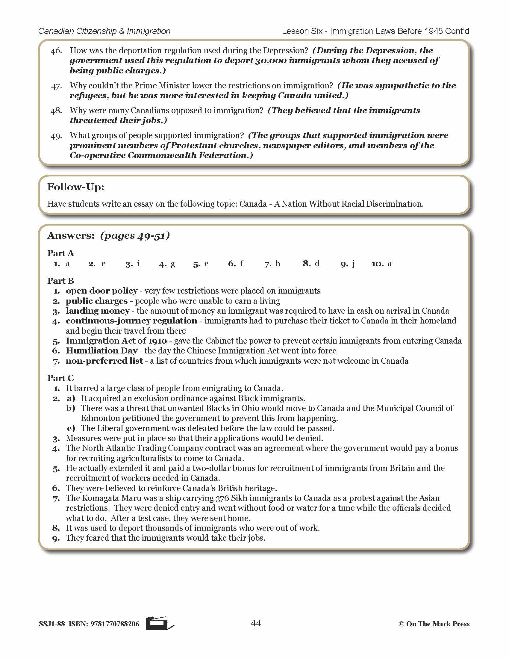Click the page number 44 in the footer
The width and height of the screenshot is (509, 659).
pos(256,623)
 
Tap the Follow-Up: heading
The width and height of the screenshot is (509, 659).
pos(76,187)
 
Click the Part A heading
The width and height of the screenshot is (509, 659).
pos(60,253)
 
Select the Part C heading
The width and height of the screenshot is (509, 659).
pos(60,378)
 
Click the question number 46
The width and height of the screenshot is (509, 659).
pos(56,51)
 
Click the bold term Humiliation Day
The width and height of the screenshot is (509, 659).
pos(102,351)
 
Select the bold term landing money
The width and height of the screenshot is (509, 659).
pos(98,311)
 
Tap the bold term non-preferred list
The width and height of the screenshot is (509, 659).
pos(104,361)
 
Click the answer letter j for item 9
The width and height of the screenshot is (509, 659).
pos(353,264)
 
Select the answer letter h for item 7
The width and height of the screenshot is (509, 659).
pos(278,264)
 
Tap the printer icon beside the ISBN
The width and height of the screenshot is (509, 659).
pos(159,623)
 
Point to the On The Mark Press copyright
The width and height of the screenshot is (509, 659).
pos(434,624)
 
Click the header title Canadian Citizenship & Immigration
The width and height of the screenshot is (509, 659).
pos(104,31)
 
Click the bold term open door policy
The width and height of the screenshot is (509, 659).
pos(102,291)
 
